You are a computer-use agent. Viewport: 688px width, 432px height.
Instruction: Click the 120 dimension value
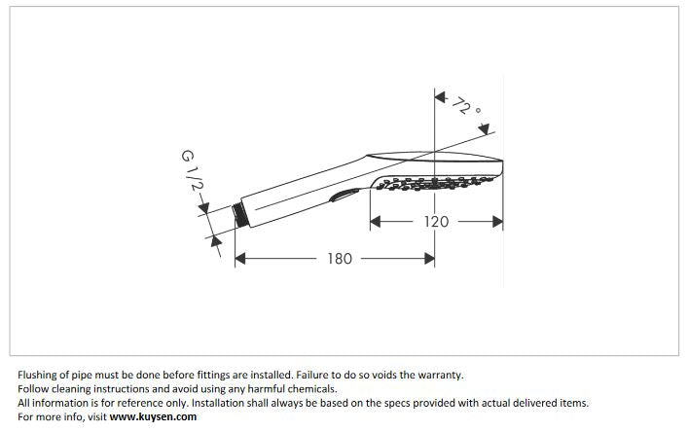(437, 222)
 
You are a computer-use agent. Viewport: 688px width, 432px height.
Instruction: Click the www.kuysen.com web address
(153, 416)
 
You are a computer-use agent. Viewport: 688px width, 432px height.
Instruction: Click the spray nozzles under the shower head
(428, 181)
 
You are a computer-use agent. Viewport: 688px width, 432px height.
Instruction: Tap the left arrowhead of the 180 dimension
(241, 259)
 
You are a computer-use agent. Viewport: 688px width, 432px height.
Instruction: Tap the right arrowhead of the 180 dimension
(429, 259)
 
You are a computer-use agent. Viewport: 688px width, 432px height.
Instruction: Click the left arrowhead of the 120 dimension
(376, 222)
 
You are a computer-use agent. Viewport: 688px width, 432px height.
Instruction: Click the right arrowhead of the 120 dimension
(497, 222)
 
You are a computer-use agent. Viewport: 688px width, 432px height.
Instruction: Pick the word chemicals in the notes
(308, 388)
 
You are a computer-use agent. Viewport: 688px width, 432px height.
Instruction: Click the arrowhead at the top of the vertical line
(439, 98)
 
